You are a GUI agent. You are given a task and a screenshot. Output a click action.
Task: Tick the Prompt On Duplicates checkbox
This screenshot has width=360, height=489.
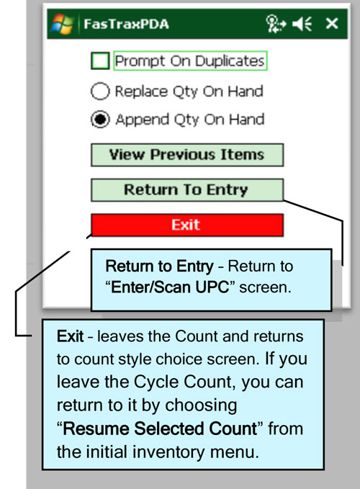tap(100, 60)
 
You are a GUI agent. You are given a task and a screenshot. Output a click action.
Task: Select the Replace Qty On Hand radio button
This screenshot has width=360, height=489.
tap(100, 91)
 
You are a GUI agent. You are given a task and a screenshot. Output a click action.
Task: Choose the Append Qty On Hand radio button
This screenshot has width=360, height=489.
tap(100, 120)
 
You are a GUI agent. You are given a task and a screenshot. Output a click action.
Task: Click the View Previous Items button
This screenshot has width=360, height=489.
tap(187, 155)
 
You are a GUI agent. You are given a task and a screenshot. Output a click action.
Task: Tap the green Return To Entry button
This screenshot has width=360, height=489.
tap(187, 190)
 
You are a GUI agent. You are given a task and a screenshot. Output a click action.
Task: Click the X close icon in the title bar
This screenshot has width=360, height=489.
tap(332, 23)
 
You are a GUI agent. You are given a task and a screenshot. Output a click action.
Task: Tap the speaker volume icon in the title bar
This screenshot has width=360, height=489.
tap(302, 24)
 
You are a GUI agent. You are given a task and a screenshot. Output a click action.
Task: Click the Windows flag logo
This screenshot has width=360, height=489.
tap(63, 24)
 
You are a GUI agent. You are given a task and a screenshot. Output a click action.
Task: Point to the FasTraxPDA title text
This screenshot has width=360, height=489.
tap(126, 24)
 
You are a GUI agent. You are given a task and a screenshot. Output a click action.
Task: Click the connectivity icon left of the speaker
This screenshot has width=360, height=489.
tap(276, 24)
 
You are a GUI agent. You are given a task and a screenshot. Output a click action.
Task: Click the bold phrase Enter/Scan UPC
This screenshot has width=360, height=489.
tap(170, 287)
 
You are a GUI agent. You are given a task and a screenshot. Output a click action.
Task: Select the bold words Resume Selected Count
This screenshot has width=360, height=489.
tap(161, 429)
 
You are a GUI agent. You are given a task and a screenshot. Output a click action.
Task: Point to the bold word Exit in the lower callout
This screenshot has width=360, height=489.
tap(70, 336)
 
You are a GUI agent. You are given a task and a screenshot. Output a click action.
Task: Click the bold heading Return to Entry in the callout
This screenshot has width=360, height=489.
tap(160, 266)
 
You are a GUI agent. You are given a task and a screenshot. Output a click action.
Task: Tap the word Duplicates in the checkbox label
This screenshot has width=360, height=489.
tap(230, 61)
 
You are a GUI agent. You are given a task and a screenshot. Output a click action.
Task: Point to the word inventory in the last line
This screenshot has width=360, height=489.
tap(168, 452)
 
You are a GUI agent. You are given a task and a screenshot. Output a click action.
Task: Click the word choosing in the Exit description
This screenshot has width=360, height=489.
tap(201, 406)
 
